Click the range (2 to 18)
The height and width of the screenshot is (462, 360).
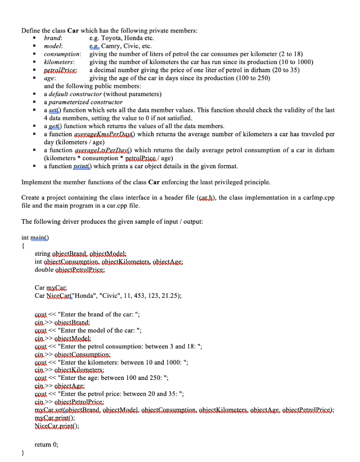(285, 54)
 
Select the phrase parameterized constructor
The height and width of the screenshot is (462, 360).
(85, 102)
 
